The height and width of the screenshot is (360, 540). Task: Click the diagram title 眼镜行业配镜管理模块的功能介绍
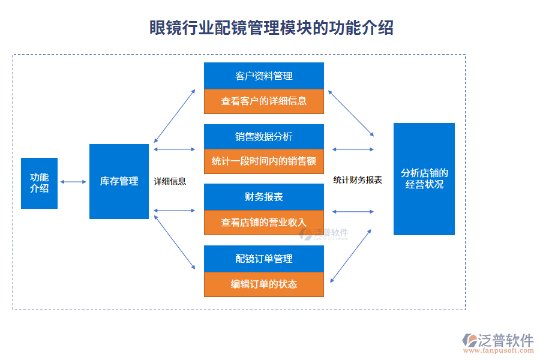click(x=271, y=28)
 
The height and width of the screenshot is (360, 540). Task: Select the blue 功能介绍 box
click(x=39, y=183)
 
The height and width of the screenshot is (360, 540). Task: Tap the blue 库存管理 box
click(x=119, y=181)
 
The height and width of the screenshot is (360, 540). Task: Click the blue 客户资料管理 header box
click(x=264, y=76)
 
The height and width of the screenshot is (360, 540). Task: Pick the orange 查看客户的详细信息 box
click(x=264, y=101)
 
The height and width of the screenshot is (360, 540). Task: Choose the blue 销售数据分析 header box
click(x=264, y=137)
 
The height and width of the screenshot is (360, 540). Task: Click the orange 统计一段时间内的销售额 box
click(x=264, y=161)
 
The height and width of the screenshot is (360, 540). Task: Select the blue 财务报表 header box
click(x=264, y=197)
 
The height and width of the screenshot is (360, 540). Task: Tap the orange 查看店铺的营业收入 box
click(x=264, y=223)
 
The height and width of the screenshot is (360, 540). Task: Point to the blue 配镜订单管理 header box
click(x=264, y=259)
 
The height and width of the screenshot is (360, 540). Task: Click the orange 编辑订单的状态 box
click(x=264, y=284)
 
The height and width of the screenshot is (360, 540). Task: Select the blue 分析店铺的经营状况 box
click(x=424, y=179)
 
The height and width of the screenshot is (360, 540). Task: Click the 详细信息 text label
click(x=170, y=181)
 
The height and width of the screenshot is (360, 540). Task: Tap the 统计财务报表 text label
click(x=358, y=179)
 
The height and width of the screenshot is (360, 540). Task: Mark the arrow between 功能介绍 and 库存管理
click(x=73, y=182)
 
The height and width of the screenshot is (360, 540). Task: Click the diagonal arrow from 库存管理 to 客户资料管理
click(x=175, y=116)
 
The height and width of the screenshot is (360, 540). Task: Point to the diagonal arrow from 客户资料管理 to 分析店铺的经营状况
click(x=351, y=113)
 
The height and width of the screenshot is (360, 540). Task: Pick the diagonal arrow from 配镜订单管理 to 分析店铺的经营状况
click(x=351, y=255)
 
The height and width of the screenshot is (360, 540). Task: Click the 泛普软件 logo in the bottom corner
click(x=498, y=343)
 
